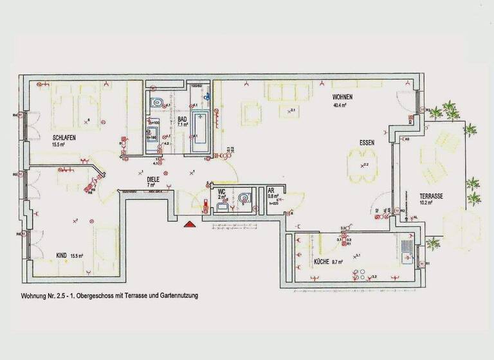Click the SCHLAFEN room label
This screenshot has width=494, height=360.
pos(64,137)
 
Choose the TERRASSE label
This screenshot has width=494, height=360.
pos(435,196)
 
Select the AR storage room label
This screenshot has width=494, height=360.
pos(271,191)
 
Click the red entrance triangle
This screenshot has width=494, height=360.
pos(189,224)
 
